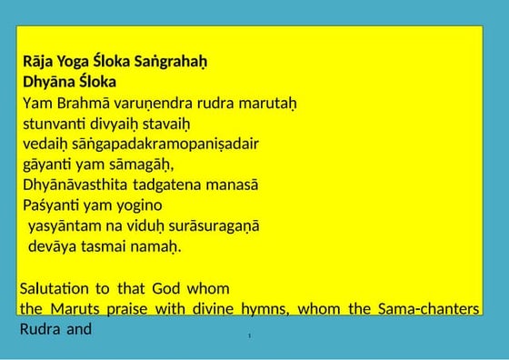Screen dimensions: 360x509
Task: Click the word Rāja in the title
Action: pos(39,63)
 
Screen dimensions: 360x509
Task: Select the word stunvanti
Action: pos(54,123)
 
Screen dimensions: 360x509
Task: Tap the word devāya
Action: pos(53,246)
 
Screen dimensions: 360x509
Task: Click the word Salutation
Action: pos(55,288)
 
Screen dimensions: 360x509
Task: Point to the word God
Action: pos(167,288)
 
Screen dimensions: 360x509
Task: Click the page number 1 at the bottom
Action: pos(249,336)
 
